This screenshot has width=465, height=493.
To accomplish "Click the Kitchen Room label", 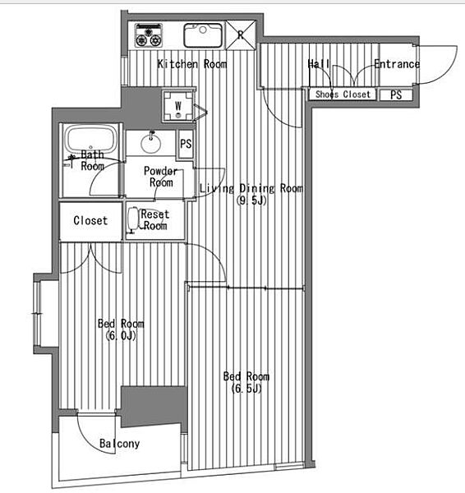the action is pos(192,64).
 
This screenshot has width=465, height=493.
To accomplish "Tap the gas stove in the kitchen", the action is pos(149,35).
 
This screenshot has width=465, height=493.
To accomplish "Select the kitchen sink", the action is pos(203,35).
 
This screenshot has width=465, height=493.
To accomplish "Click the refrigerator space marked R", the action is pos(241,35).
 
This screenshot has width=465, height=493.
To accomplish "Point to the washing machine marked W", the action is pos(178,106).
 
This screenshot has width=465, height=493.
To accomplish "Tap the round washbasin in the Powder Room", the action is pos(151,144).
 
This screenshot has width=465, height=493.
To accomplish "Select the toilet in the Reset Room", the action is pos(133,219).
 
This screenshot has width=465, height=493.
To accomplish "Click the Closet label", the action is pos(90,220).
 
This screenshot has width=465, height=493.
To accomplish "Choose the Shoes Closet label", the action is pos(343,94).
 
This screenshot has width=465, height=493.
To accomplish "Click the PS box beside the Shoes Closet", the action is pos(396,94).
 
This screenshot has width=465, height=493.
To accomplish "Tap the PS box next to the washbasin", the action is pos(186,144).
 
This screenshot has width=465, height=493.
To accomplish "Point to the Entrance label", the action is pos(397,64).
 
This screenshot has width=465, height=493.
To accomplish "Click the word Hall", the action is pos(319,64).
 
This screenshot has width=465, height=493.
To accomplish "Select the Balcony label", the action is pos(119,444).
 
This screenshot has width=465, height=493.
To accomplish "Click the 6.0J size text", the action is pos(121,336).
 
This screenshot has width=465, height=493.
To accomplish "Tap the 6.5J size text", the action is pos(246,389).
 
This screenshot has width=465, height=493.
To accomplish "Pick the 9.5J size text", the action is pos(251,200).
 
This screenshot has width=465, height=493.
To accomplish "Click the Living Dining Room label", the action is pos(251,188).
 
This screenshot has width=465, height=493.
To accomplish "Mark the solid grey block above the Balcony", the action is pos(153,406).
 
